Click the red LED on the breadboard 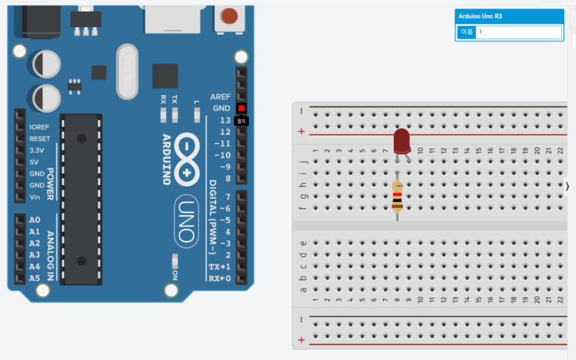[402, 142]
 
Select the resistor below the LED [398, 198]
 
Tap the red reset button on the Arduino [230, 15]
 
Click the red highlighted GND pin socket [241, 108]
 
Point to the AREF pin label [220, 97]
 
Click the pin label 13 [225, 120]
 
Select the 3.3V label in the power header [37, 150]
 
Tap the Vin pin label [35, 197]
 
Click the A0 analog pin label [34, 220]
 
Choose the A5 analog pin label [34, 278]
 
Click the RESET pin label [40, 138]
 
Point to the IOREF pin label [40, 127]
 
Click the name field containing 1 [518, 32]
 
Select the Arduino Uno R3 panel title [480, 16]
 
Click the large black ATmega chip [79, 199]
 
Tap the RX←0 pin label [220, 279]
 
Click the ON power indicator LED [175, 259]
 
